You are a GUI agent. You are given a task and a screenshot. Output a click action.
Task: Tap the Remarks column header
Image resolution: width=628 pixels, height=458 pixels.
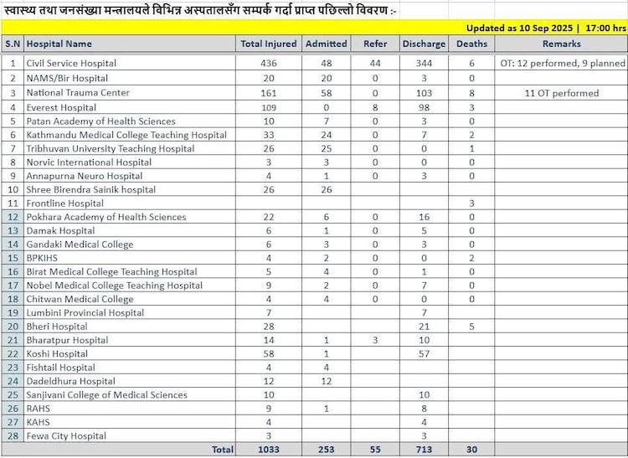561,43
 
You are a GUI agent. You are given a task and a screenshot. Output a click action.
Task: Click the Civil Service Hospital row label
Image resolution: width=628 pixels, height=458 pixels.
71,64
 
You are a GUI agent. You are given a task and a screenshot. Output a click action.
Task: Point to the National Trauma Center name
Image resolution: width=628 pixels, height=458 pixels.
78,93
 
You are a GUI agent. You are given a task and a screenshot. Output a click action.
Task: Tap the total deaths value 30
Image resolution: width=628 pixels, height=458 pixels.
471,450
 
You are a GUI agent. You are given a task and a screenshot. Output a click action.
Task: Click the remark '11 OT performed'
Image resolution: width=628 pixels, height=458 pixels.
561,93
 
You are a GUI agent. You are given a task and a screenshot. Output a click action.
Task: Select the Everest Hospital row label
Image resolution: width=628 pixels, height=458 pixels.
60,108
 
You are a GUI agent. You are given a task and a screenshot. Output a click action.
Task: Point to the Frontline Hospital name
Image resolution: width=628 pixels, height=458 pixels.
64,203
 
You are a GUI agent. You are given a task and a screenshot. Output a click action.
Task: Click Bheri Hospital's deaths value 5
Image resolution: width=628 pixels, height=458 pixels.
472,327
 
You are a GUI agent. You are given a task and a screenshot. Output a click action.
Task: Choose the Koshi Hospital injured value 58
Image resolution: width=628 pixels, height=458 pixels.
269,353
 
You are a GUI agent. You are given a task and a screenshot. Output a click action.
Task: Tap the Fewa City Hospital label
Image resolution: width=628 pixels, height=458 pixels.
66,435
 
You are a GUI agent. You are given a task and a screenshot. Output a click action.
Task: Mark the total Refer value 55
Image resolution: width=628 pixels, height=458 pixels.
374,450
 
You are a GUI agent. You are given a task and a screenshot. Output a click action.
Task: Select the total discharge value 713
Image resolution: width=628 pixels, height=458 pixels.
423,450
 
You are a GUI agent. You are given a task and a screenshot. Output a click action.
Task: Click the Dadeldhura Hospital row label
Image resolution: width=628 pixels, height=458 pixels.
70,381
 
